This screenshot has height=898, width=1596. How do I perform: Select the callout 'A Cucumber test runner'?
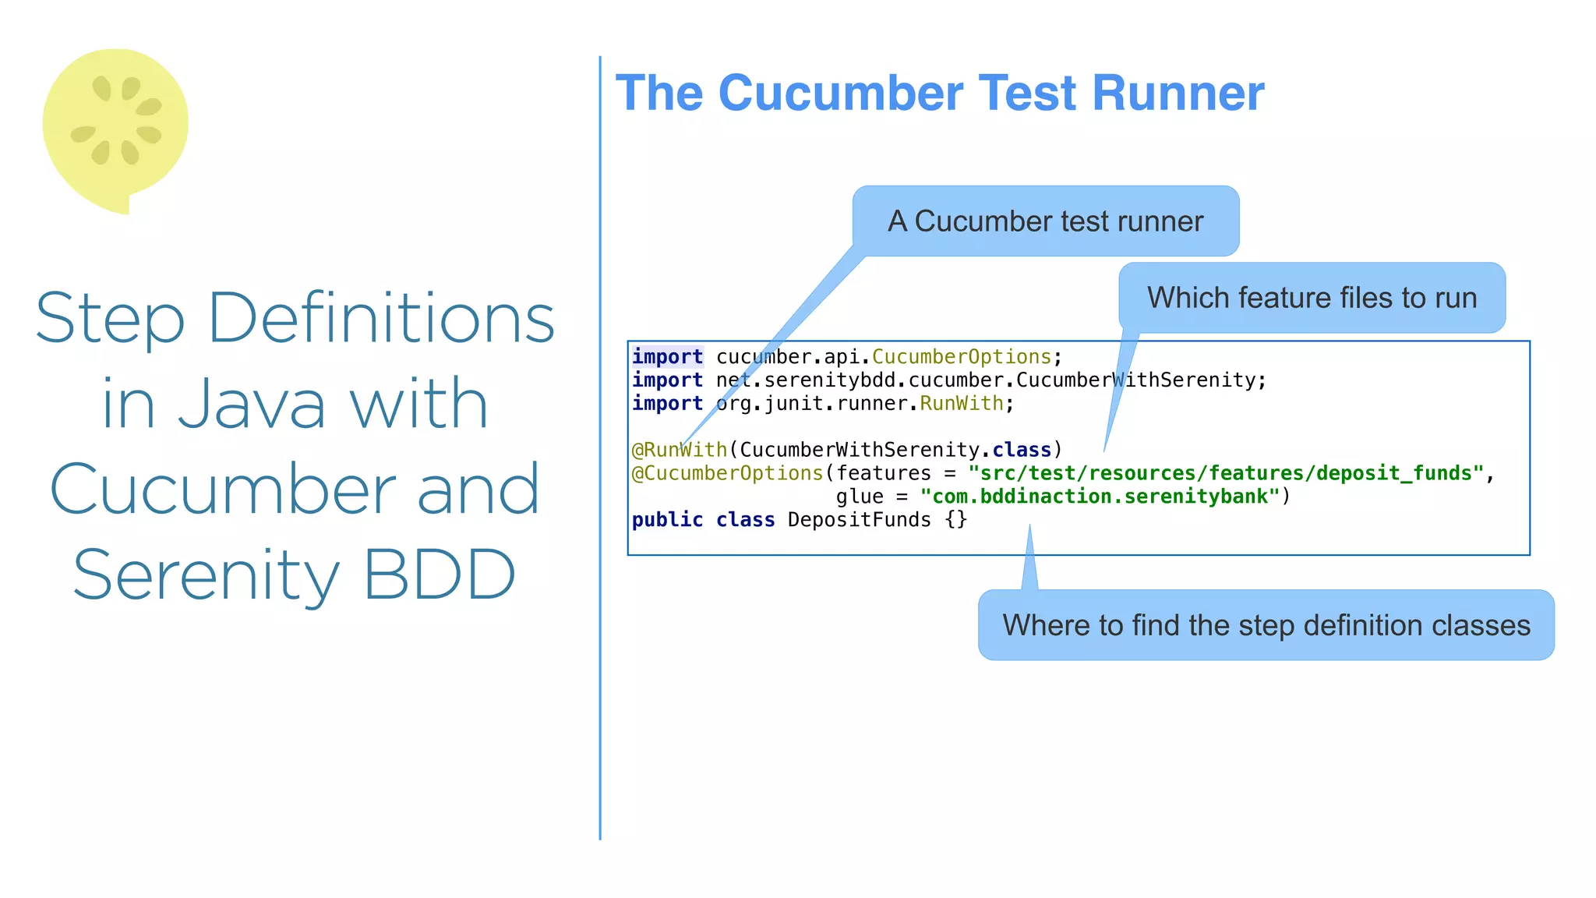click(1045, 221)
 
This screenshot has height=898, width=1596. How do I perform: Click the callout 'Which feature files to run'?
click(1312, 298)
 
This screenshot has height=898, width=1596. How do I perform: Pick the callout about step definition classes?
click(1266, 625)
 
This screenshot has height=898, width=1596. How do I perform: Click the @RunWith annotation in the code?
click(679, 450)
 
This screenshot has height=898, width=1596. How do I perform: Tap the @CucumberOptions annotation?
click(727, 473)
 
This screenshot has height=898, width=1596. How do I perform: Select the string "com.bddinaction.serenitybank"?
click(1100, 497)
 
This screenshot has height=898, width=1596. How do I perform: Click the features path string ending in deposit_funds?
click(1225, 473)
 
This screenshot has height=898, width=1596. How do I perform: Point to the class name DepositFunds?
click(859, 520)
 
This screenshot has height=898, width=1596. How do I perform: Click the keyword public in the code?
click(667, 520)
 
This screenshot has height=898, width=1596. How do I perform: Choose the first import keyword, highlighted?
click(667, 357)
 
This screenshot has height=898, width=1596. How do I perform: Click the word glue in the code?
click(859, 497)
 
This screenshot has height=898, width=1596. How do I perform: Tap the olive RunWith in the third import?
click(961, 404)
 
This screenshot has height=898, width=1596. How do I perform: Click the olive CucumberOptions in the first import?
click(961, 357)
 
